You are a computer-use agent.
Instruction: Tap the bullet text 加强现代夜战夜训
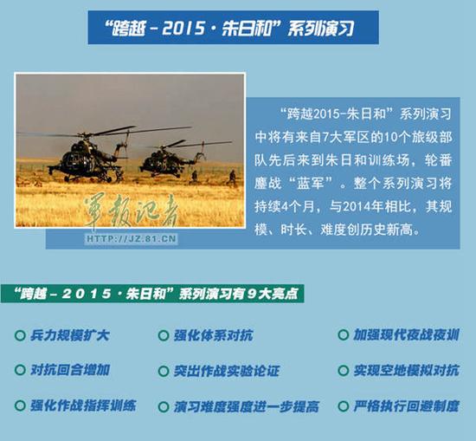pyautogui.click(x=406, y=334)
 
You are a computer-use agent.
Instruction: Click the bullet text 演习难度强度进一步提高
pyautogui.click(x=247, y=405)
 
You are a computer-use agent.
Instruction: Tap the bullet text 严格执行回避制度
pyautogui.click(x=406, y=405)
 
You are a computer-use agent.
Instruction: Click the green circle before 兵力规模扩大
pyautogui.click(x=20, y=334)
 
